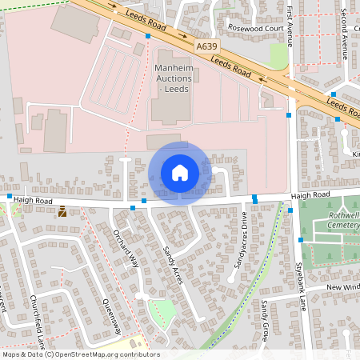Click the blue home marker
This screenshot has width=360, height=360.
pos(180,172)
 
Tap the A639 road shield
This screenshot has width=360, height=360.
pos(207,47)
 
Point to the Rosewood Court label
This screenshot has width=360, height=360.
pos(255,27)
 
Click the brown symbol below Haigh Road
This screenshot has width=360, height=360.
pos(62,212)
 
